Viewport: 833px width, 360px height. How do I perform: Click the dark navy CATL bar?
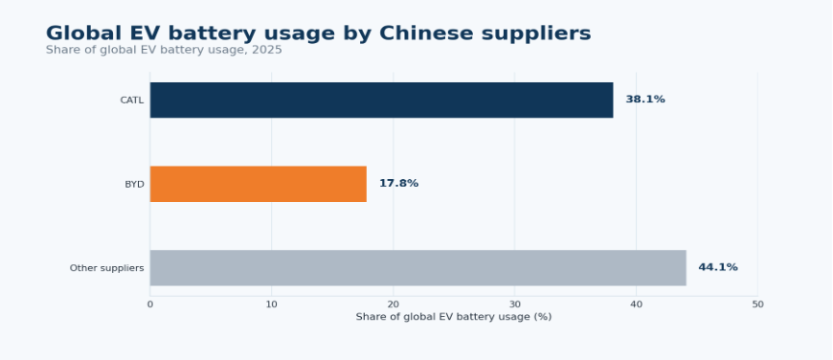(381, 100)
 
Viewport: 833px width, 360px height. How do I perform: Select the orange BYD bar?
(259, 184)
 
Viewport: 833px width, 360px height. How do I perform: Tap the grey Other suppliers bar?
(418, 268)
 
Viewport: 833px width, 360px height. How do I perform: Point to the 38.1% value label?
(645, 100)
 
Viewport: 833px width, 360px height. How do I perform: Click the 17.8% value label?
(398, 184)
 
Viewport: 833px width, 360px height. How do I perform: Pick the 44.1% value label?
(718, 268)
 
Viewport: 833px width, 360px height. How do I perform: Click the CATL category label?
(132, 101)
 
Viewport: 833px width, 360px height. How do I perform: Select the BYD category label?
(134, 184)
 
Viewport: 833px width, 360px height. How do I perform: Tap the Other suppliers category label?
(107, 268)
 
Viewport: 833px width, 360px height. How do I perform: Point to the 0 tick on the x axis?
(149, 304)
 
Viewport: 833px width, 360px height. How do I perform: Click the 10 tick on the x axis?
(272, 304)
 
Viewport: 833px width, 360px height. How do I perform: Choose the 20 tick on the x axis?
(394, 304)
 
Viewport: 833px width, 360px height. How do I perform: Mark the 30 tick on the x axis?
(515, 304)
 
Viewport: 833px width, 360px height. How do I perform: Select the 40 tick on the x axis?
(636, 304)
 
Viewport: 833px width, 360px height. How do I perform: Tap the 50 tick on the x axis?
(757, 304)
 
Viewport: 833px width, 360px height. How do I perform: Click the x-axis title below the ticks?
(454, 317)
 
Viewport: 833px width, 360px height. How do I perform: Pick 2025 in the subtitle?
(270, 50)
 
